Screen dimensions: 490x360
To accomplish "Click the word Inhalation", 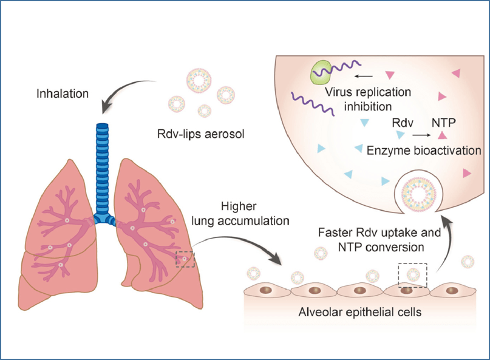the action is (63, 93).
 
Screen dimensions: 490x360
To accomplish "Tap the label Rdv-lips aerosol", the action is (200, 134).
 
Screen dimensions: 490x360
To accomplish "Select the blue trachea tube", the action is (103, 172).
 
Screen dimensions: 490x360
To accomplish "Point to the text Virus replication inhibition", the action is (368, 99).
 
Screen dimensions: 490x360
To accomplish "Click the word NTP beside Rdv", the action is (443, 123).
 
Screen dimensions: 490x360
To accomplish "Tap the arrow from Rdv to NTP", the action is (421, 135).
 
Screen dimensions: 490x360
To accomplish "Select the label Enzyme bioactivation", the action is (424, 151).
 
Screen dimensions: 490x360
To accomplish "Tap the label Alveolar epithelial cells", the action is (360, 312).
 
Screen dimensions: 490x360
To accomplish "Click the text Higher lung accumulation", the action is (240, 214).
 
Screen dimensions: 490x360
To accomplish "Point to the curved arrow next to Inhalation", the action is (122, 89).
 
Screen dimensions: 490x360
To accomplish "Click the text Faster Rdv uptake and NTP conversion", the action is (379, 240).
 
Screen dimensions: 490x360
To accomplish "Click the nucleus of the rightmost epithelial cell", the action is (452, 291).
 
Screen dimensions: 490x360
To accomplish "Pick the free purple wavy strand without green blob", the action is (313, 104).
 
